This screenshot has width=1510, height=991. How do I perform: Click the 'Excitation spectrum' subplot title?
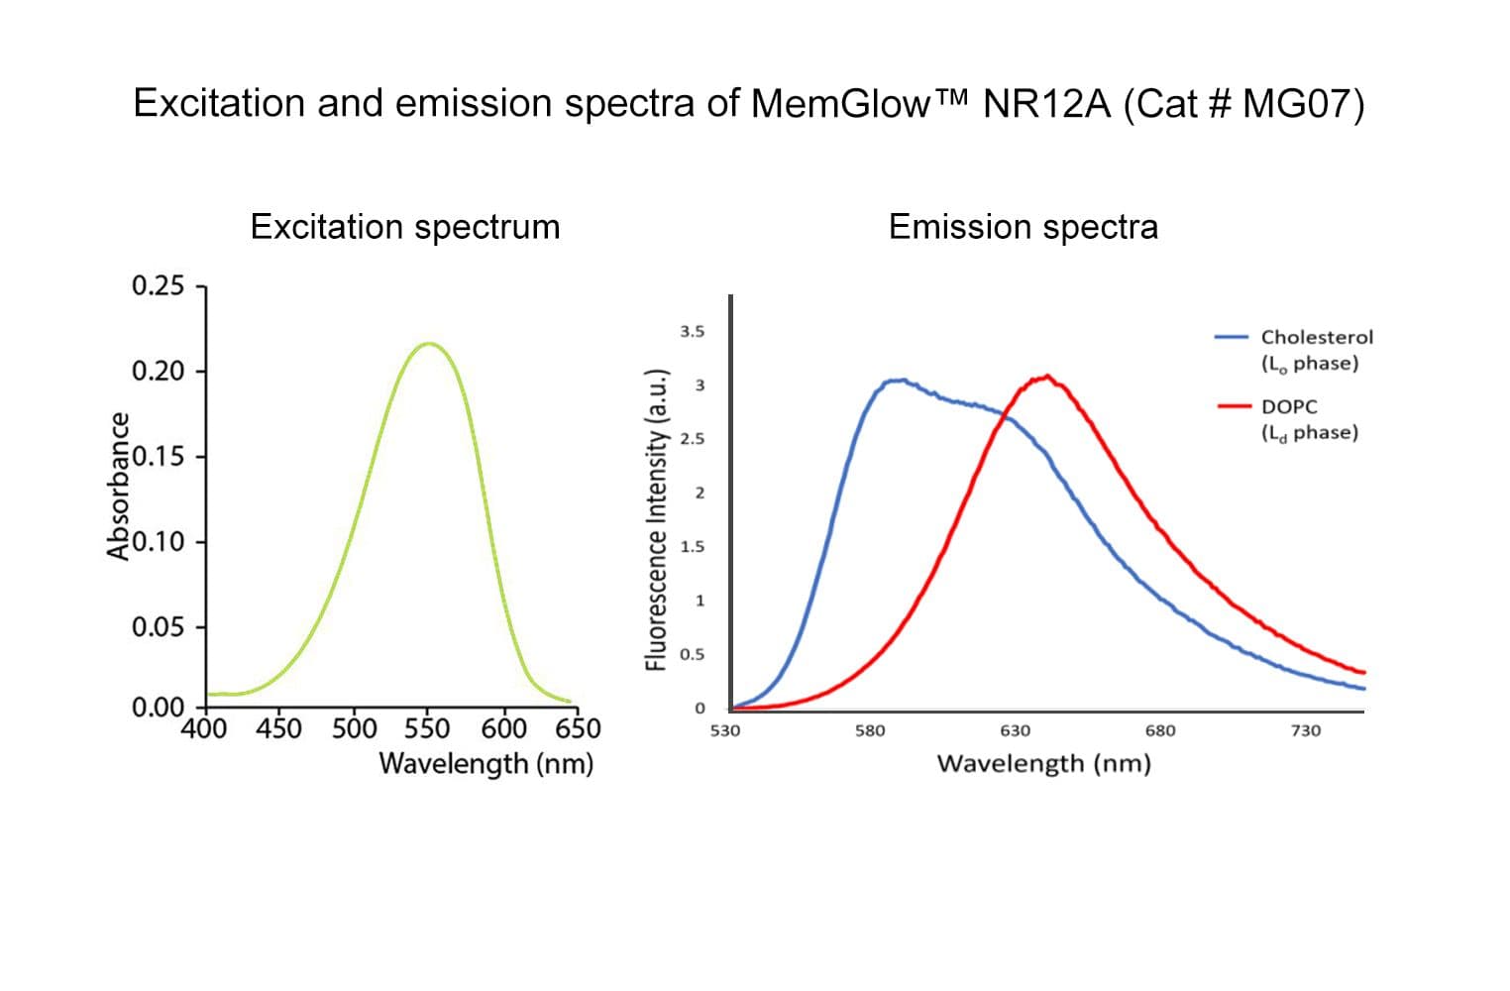point(405,227)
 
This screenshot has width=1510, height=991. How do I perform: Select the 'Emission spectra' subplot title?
point(1023,227)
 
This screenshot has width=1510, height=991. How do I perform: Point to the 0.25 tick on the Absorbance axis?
point(159,286)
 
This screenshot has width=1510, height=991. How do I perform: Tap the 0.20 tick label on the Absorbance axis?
point(159,372)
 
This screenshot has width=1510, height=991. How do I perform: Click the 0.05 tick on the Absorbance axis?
point(159,627)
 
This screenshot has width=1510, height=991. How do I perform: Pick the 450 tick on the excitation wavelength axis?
point(278,728)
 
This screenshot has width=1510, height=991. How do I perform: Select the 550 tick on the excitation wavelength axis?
point(427,728)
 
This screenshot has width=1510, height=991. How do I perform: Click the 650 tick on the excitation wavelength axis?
point(577,728)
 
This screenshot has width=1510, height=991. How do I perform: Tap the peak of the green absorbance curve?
point(428,344)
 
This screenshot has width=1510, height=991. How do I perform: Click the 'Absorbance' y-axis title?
point(119,486)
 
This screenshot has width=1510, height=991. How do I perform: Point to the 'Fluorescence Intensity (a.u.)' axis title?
point(655,519)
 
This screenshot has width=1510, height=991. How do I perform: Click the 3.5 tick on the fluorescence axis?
point(693,332)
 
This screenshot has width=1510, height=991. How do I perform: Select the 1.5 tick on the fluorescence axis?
point(693,547)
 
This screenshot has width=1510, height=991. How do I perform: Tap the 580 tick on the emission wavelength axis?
point(869,731)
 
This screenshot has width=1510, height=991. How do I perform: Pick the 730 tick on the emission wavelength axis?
point(1305,731)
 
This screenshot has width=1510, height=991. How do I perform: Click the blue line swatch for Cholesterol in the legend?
point(1231,337)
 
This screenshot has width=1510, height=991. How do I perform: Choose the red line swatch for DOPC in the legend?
point(1231,406)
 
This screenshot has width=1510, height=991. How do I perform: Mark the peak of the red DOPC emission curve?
point(1046,377)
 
